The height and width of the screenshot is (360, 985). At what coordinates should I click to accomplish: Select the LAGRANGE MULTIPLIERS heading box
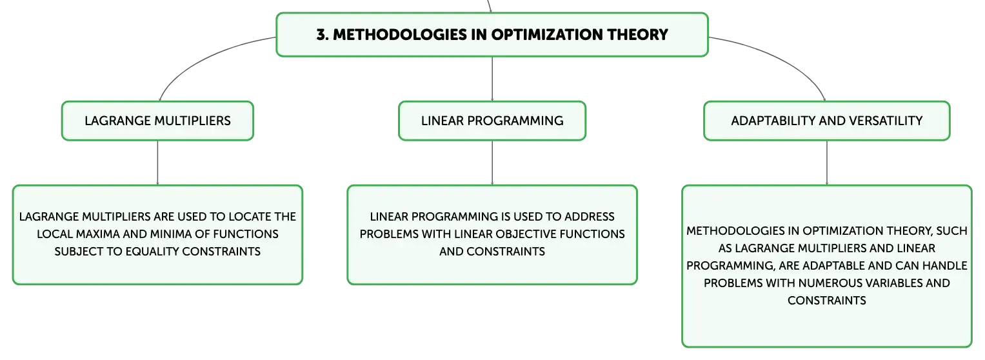pyautogui.click(x=157, y=121)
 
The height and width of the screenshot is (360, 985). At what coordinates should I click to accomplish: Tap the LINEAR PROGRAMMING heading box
pyautogui.click(x=492, y=121)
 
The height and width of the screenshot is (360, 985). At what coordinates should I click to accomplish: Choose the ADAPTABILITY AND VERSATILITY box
pyautogui.click(x=827, y=121)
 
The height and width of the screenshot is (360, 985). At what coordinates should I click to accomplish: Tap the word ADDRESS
pyautogui.click(x=589, y=217)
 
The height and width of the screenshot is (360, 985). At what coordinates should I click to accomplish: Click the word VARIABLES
pyautogui.click(x=891, y=283)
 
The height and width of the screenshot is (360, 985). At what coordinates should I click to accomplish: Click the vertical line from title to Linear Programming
pyautogui.click(x=492, y=79)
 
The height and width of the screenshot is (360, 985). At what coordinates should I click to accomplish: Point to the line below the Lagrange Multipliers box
pyautogui.click(x=157, y=163)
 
